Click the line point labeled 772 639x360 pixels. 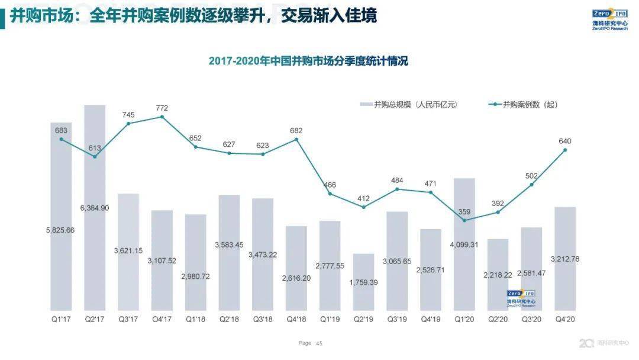point(162,117)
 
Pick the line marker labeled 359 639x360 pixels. point(464,220)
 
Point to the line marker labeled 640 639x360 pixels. point(565,150)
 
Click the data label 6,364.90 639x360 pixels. point(95,208)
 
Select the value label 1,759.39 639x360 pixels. point(364,282)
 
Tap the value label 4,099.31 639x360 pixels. point(464,244)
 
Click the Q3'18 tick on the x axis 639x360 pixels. point(263,319)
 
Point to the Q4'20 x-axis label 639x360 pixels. point(565,319)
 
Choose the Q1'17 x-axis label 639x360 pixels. point(61,319)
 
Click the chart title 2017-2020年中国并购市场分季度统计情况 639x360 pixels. point(308,61)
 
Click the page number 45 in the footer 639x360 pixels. point(319,343)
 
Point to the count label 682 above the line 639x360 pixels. point(296,130)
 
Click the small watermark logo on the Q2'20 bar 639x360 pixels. point(521,297)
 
